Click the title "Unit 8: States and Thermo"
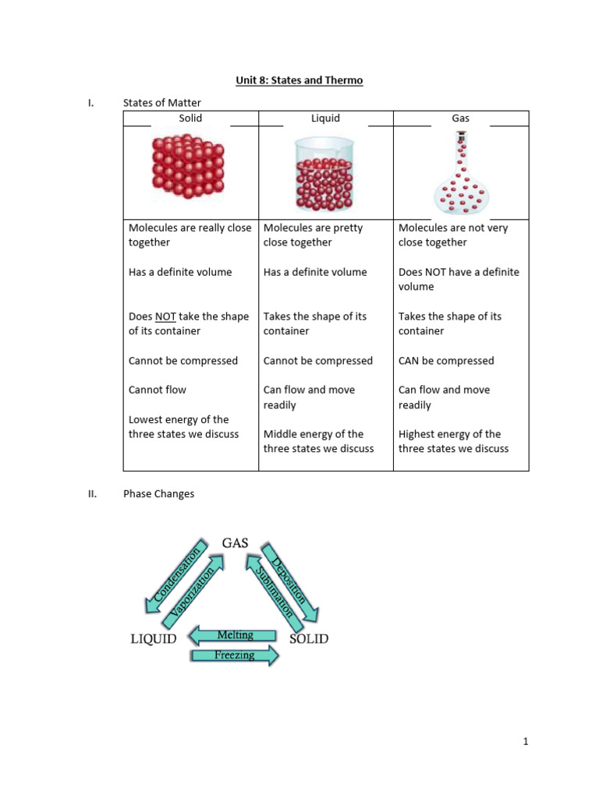point(299,80)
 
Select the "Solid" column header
point(190,118)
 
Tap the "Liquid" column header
point(325,118)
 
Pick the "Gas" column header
point(460,118)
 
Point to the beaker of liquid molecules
point(324,175)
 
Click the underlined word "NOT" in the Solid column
point(165,316)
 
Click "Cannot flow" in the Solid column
point(158,390)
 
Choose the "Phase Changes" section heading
point(159,494)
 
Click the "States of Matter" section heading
point(162,103)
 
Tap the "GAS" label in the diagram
point(235,542)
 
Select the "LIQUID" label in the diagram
point(153,639)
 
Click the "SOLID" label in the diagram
point(309,639)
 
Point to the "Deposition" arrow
point(292,581)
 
